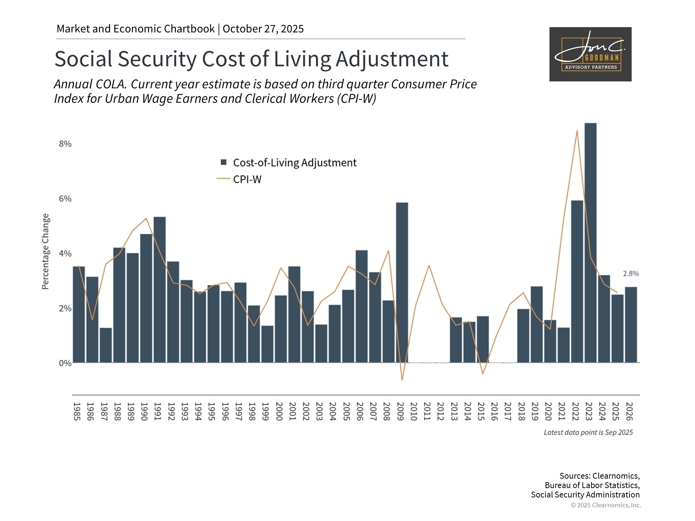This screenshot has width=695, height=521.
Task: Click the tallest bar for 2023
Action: pyautogui.click(x=590, y=242)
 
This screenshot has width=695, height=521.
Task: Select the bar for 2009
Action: pyautogui.click(x=402, y=282)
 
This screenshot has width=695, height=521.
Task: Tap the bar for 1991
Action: pyautogui.click(x=160, y=289)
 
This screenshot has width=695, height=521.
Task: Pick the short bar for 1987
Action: pyautogui.click(x=106, y=345)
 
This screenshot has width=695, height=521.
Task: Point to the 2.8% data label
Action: pyautogui.click(x=631, y=274)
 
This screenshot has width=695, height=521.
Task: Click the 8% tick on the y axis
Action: pyautogui.click(x=65, y=144)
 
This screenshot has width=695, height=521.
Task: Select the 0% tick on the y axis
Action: pyautogui.click(x=65, y=363)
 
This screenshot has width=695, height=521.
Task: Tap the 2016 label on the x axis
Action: pyautogui.click(x=494, y=411)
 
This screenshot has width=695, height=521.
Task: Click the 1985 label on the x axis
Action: pyautogui.click(x=77, y=411)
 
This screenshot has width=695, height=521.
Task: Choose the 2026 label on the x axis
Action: pyautogui.click(x=629, y=411)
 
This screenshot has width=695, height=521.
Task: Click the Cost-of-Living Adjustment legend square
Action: pyautogui.click(x=224, y=162)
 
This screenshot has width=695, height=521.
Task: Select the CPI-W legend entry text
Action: pyautogui.click(x=247, y=179)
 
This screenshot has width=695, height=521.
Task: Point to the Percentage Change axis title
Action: pyautogui.click(x=45, y=251)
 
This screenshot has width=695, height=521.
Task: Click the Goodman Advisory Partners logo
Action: pyautogui.click(x=590, y=54)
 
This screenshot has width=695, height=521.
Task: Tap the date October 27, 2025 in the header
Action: pyautogui.click(x=263, y=29)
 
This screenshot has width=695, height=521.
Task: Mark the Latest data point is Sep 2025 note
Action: pyautogui.click(x=588, y=432)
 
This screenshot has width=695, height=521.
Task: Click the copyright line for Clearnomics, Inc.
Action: pyautogui.click(x=606, y=505)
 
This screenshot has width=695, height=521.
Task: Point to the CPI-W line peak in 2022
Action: pyautogui.click(x=577, y=131)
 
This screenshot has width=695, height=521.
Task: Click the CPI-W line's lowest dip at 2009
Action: pyautogui.click(x=402, y=380)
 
